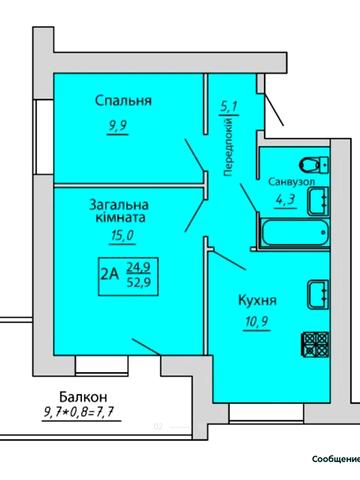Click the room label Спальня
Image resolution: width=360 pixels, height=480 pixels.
point(123,100)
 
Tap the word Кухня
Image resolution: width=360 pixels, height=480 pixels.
point(257,299)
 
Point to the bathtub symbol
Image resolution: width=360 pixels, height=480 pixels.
point(289,235)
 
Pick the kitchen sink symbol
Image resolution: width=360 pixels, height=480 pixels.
point(319,293)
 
